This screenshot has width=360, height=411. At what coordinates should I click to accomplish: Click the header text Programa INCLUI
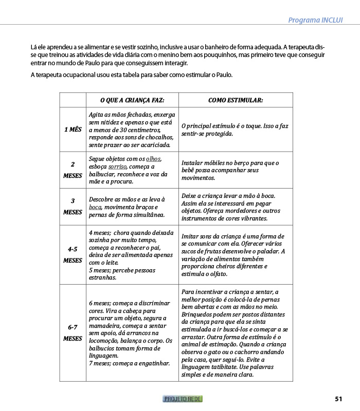coord(315,21)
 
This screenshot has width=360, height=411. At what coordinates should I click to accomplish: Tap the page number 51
coord(338,399)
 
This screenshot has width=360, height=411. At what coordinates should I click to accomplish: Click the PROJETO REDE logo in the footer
coord(183,399)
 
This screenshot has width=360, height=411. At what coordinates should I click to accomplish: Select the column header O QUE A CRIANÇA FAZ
coord(132,100)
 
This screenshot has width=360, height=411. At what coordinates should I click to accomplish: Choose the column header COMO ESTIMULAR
coord(236,100)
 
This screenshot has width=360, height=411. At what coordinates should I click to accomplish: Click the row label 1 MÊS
coord(73,129)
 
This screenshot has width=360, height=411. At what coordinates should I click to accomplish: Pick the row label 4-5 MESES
coord(73,255)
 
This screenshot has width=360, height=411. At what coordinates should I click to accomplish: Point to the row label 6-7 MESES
coord(73,333)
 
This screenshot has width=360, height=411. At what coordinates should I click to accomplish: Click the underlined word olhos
coord(153,159)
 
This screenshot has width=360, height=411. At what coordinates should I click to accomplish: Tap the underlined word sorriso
coord(117,167)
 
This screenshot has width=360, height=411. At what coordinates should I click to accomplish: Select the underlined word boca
coord(95,207)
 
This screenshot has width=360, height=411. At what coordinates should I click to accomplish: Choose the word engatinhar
coord(152,363)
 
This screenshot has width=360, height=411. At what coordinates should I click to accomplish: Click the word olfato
coord(218,274)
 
